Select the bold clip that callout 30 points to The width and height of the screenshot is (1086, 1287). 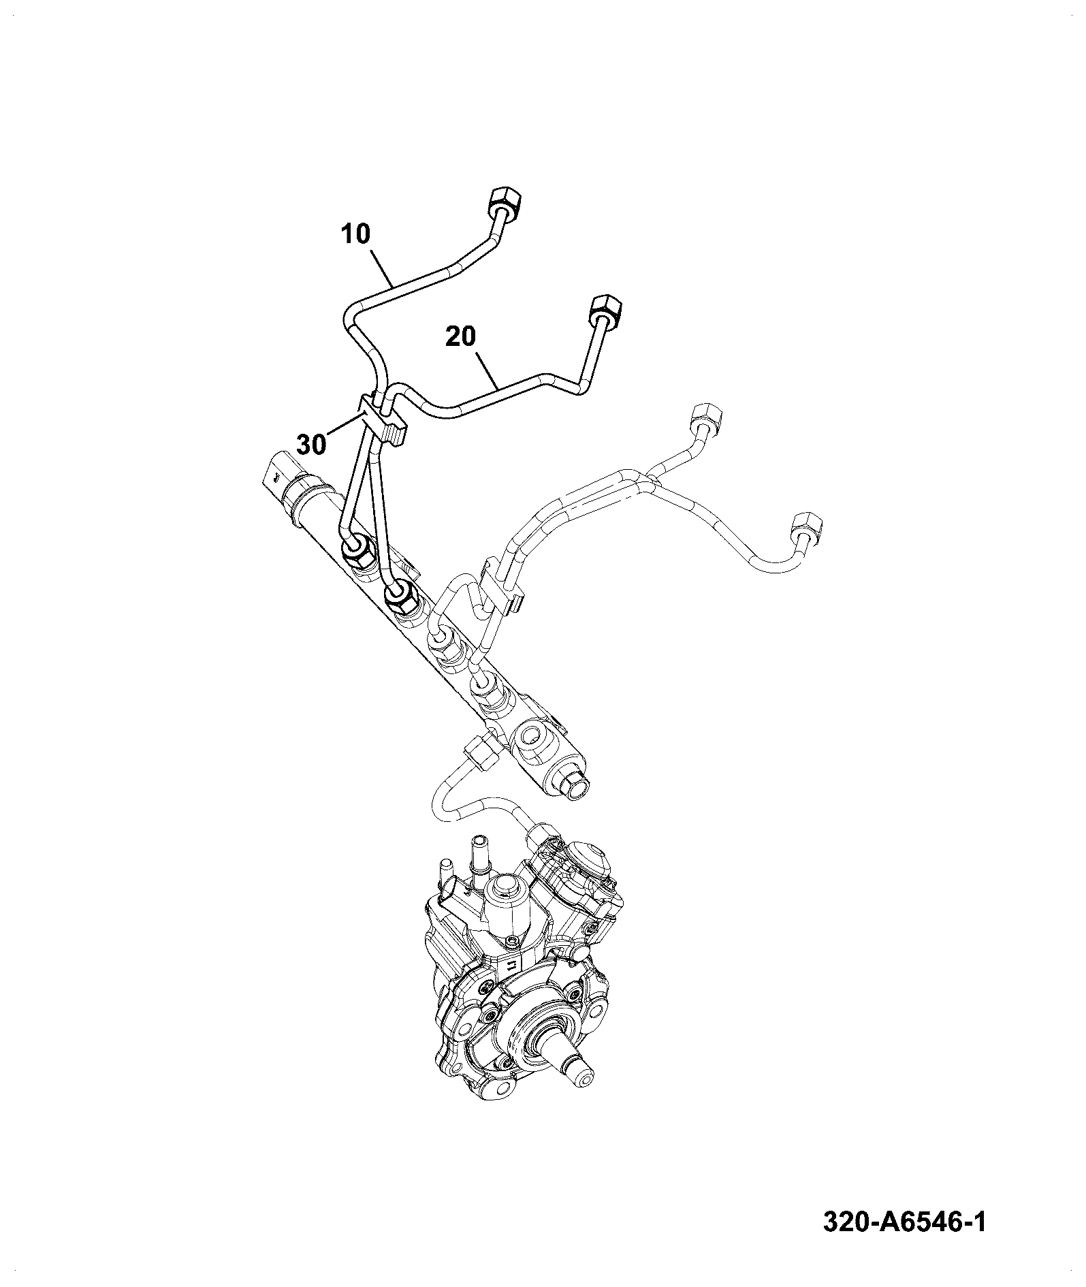pos(381,419)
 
